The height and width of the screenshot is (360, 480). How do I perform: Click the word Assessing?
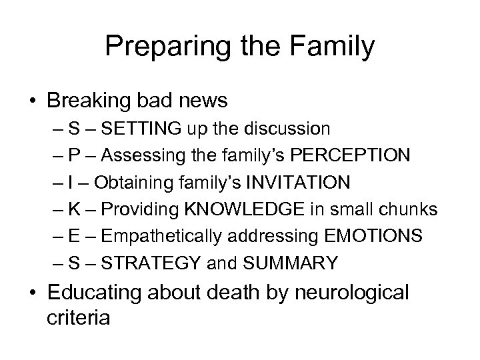[142, 155]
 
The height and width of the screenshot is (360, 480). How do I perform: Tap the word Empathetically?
[168, 237]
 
